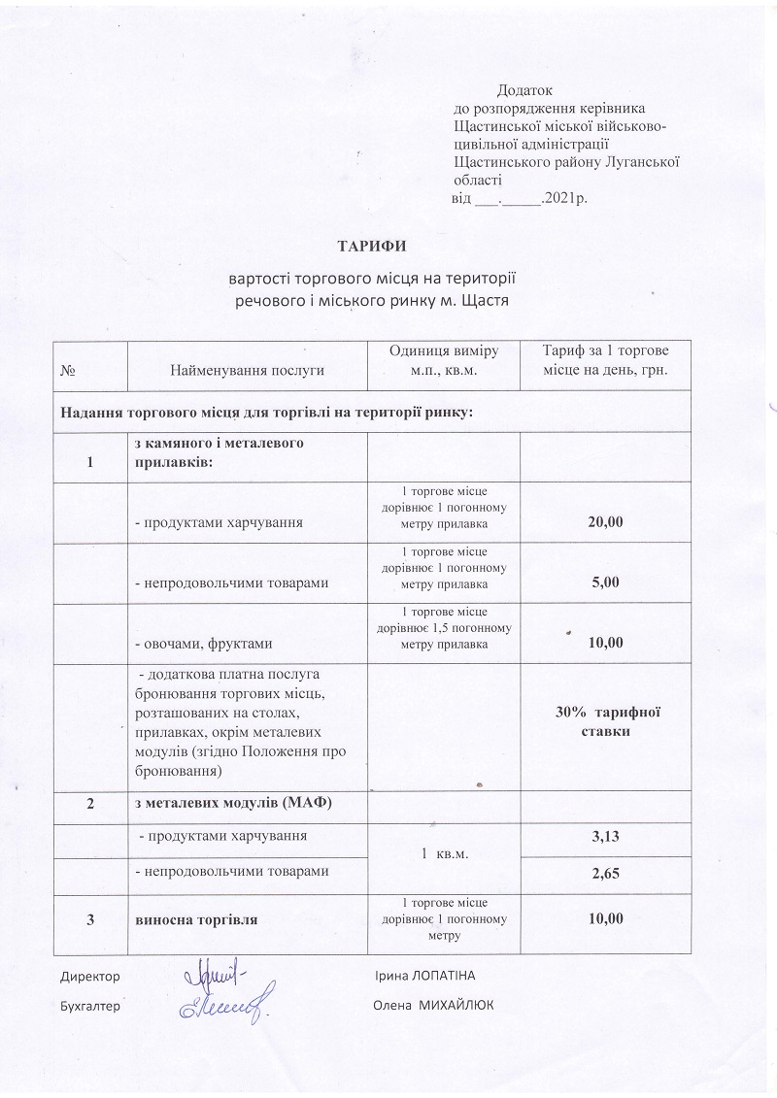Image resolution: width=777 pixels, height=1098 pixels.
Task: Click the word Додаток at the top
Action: click(x=524, y=89)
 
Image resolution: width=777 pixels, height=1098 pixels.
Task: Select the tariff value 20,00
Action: click(x=605, y=522)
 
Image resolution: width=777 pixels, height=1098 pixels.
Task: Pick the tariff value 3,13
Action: click(x=605, y=836)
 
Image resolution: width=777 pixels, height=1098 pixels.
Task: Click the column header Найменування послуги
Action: click(x=247, y=369)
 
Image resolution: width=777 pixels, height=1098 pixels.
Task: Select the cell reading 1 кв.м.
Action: click(x=443, y=854)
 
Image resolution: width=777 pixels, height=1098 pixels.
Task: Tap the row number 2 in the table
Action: click(x=91, y=802)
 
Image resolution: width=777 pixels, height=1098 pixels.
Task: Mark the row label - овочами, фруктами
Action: click(x=203, y=642)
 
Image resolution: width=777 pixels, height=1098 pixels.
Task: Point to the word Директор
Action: click(x=89, y=974)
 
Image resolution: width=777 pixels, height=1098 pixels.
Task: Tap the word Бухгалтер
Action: click(x=89, y=1006)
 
